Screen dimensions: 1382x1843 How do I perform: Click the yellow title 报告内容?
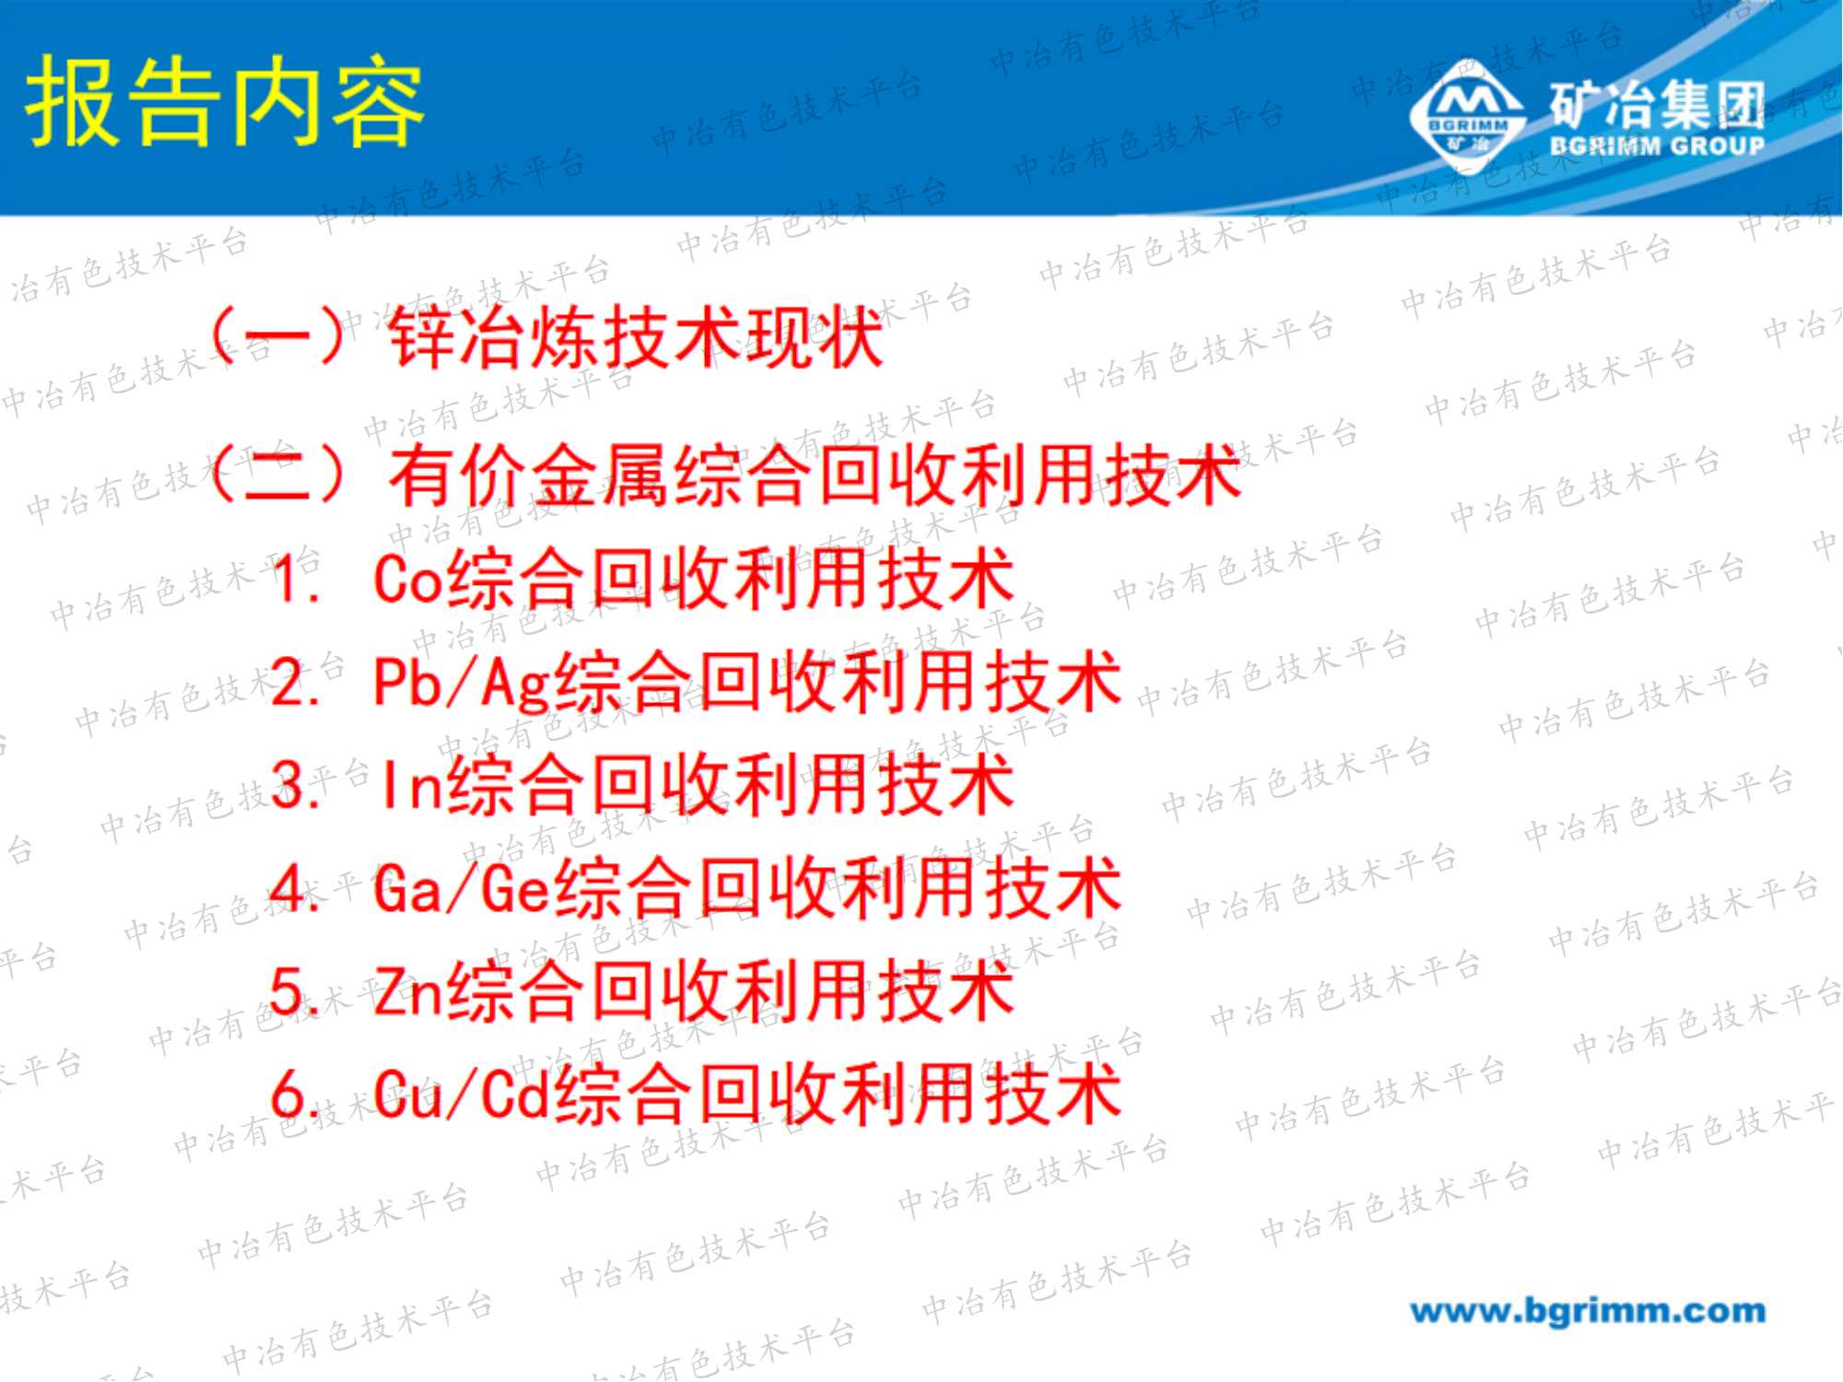224,101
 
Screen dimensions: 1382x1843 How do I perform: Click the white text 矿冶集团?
1657,103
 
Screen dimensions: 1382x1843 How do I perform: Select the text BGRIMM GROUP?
1657,146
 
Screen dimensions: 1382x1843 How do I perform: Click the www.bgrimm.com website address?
1587,1310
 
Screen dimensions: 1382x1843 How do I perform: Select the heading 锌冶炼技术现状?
636,337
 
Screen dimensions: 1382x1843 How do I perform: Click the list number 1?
295,580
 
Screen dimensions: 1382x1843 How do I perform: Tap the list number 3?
295,786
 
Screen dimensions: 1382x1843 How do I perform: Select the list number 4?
295,889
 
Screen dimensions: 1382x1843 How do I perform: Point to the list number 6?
295,1095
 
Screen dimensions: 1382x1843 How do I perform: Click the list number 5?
295,992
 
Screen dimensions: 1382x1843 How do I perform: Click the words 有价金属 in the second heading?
530,475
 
